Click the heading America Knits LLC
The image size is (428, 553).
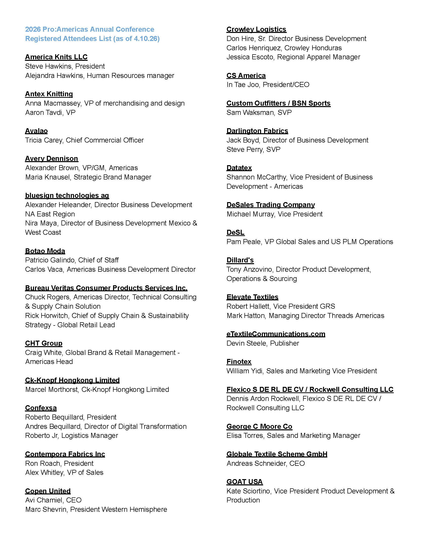[x=56, y=57]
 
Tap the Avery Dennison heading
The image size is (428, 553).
[x=51, y=159]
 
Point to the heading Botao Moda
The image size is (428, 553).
[x=45, y=251]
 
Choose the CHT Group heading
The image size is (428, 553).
[x=44, y=343]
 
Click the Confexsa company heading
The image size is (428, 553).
[x=41, y=408]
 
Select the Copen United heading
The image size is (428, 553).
[x=48, y=491]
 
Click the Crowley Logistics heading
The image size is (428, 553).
[x=256, y=29]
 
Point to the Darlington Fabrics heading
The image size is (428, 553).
[x=257, y=131]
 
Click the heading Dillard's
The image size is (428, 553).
[x=240, y=260]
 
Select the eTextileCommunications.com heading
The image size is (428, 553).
[x=276, y=334]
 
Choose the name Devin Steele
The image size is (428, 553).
[x=246, y=343]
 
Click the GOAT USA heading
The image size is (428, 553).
[x=245, y=482]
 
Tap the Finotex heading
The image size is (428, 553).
[x=239, y=362]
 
